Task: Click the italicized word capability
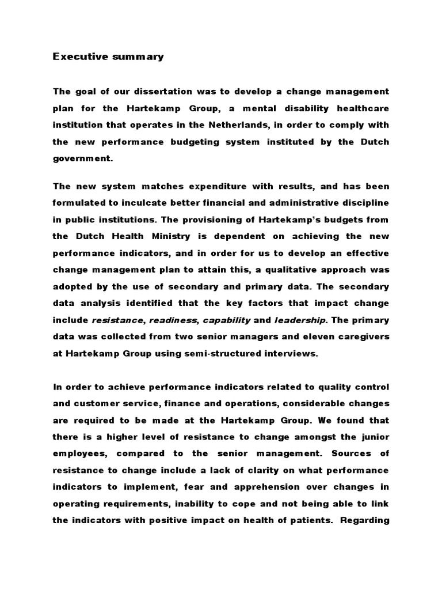click(x=227, y=319)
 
